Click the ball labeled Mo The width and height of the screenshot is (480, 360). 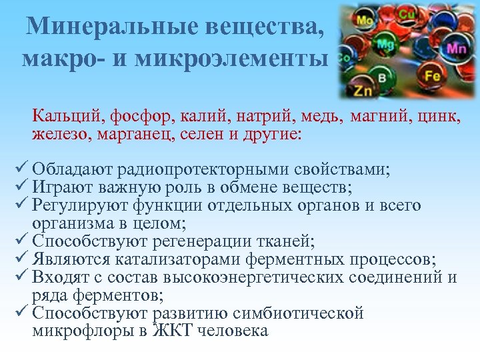tap(365, 20)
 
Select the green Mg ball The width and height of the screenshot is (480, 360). tap(385, 45)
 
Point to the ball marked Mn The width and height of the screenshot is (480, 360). tap(456, 48)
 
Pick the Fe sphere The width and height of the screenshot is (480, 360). tap(433, 76)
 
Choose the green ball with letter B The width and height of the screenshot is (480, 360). tap(382, 78)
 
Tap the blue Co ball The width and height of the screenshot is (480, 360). tap(344, 59)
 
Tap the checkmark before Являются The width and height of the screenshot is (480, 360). tap(19, 259)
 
